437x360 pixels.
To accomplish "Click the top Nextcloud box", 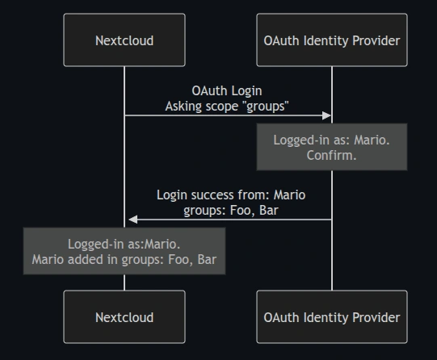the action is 124,40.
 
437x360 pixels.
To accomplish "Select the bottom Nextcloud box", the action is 124,317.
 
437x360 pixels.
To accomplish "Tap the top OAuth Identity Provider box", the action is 332,40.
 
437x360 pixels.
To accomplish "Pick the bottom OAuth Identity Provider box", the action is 332,317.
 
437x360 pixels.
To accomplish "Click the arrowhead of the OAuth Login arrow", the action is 326,115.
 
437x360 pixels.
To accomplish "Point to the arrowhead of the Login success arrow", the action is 133,220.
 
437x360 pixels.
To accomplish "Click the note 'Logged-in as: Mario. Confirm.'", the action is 332,147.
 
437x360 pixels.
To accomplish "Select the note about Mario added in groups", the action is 124,251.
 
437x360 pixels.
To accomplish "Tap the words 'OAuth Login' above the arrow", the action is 227,90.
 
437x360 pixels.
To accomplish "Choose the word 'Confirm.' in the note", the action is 331,155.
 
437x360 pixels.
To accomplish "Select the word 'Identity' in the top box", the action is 326,41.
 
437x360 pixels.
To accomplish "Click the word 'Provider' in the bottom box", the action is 376,317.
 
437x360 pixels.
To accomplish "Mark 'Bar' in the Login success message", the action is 269,211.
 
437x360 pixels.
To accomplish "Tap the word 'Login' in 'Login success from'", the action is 172,195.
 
